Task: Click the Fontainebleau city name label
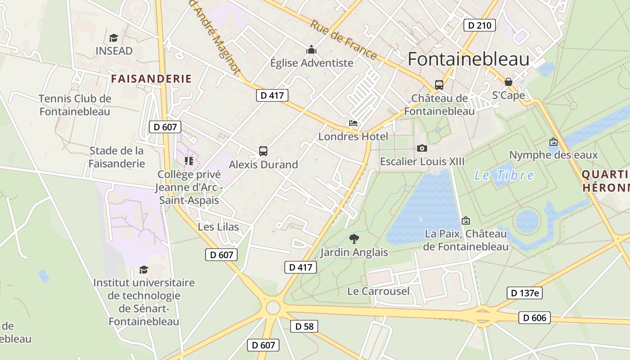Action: click(468, 59)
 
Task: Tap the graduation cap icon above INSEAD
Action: click(113, 38)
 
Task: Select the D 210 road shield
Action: click(479, 25)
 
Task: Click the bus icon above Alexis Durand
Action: click(263, 151)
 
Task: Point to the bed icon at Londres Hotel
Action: click(353, 123)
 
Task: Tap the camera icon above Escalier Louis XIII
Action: click(422, 148)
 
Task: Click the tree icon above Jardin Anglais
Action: click(354, 239)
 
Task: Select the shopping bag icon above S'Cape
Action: click(508, 82)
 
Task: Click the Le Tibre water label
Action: click(504, 175)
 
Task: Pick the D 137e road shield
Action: click(524, 293)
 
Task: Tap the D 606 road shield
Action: click(535, 318)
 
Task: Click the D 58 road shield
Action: click(304, 326)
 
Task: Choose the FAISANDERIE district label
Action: click(151, 79)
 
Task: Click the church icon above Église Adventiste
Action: click(311, 49)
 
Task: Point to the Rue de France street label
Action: click(343, 40)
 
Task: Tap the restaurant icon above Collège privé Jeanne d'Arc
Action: click(189, 161)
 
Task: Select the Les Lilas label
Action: click(218, 227)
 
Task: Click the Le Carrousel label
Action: click(378, 291)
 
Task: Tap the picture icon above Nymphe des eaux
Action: click(553, 142)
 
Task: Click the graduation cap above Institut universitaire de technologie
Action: click(144, 270)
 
